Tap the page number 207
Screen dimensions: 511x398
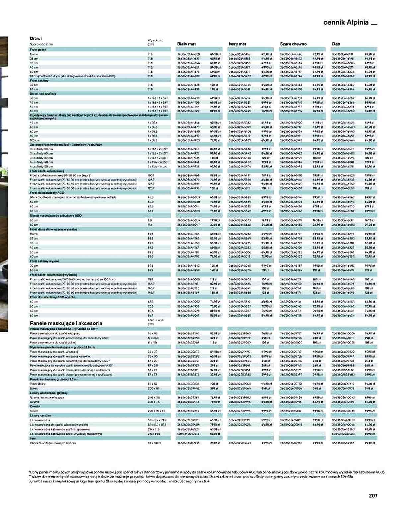click(x=373, y=495)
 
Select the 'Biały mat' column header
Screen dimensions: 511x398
click(x=186, y=44)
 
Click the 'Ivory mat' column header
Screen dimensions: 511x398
click(x=237, y=44)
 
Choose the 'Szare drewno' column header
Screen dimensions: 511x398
click(x=293, y=44)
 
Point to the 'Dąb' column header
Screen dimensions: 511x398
click(x=336, y=44)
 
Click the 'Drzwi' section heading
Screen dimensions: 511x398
click(x=36, y=38)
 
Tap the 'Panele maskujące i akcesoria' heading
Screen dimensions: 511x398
click(x=66, y=323)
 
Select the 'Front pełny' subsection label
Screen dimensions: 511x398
click(x=38, y=50)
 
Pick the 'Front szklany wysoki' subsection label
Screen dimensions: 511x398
click(x=44, y=261)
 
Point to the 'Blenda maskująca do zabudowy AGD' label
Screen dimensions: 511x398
click(x=55, y=215)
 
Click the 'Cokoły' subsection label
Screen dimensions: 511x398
click(x=35, y=406)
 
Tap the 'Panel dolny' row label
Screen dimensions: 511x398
click(x=37, y=384)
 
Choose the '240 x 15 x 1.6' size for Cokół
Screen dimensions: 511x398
click(x=156, y=411)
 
